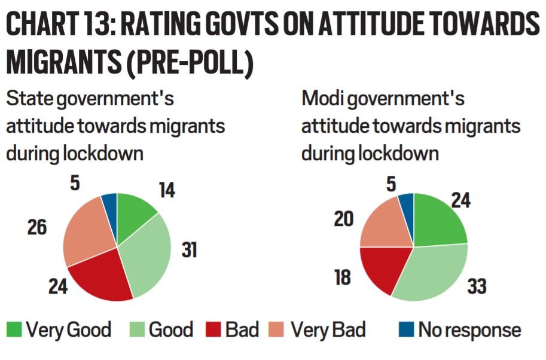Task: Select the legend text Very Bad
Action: [328, 330]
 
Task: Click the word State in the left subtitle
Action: [28, 99]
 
